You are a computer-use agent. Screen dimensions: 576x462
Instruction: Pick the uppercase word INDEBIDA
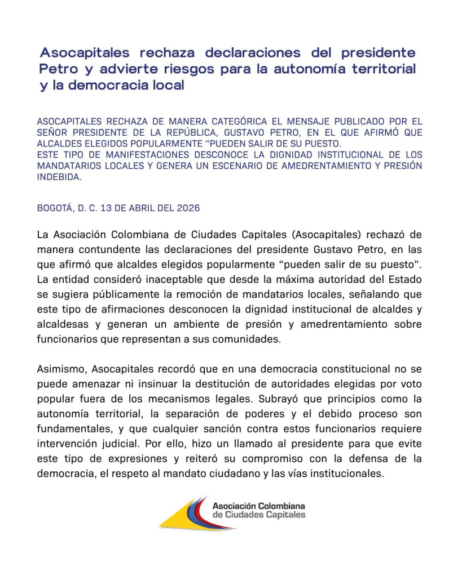pyautogui.click(x=59, y=177)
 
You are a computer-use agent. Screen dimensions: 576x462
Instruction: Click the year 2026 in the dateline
pyautogui.click(x=188, y=208)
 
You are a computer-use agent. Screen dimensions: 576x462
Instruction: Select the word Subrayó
pyautogui.click(x=275, y=399)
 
